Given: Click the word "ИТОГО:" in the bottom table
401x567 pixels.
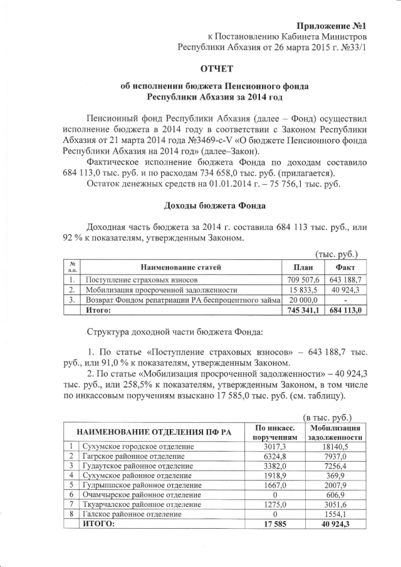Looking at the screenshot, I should pos(100,524).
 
